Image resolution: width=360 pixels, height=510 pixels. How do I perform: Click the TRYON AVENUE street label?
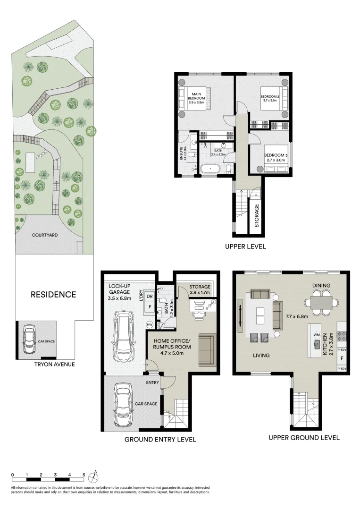pos(54,364)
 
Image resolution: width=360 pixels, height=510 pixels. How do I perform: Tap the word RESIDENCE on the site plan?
pos(53,295)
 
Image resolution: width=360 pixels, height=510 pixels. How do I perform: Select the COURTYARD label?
pos(44,235)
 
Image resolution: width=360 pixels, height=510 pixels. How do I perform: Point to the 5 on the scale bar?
pos(84,475)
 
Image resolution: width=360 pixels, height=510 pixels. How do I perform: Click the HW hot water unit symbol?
pos(150,325)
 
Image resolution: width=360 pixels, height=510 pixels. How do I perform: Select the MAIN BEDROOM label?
pos(193,95)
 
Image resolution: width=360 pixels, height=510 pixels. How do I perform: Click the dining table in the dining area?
pos(321,302)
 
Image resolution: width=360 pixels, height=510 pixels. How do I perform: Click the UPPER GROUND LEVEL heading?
pos(304,437)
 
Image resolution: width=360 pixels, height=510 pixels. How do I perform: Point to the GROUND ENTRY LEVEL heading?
pos(160,439)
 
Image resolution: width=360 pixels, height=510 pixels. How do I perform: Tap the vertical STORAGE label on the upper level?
pos(257,216)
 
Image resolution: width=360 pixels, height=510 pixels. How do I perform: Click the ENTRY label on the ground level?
pos(152,382)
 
